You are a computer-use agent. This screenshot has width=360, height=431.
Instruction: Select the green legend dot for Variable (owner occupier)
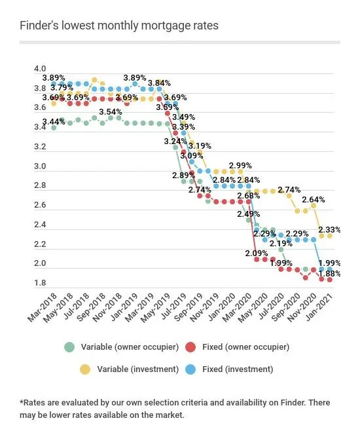[69, 347]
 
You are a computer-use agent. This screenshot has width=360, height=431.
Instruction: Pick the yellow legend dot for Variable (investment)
[85, 369]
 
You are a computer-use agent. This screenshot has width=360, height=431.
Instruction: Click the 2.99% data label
[240, 165]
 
